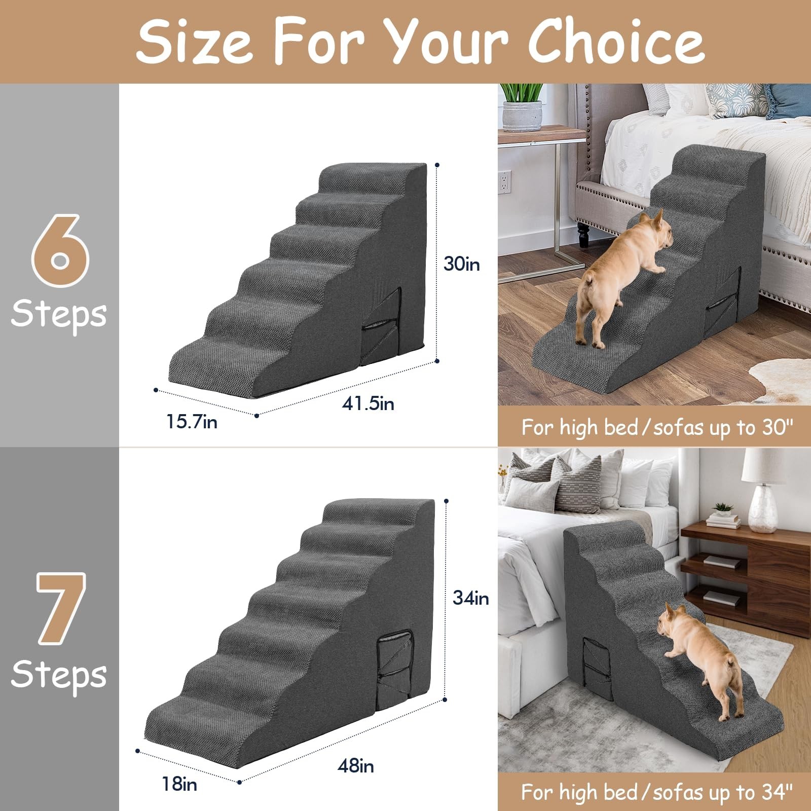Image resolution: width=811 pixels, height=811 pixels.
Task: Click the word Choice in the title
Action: pos(616,42)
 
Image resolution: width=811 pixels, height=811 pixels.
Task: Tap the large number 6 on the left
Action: pos(60,251)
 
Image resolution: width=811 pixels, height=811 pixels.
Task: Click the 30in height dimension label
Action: pos(461,264)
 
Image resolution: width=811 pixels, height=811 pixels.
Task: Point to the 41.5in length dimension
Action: pos(367,404)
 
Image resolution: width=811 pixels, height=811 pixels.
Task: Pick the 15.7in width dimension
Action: pos(192,422)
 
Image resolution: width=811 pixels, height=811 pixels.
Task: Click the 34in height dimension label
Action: pos(470,598)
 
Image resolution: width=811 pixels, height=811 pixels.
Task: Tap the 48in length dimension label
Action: pos(356,765)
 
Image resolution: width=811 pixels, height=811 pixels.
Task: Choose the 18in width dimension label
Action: pos(179,784)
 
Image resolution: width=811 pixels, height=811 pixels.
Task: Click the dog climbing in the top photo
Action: pos(623,274)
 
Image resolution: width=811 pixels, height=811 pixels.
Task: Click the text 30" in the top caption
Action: pos(777,427)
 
